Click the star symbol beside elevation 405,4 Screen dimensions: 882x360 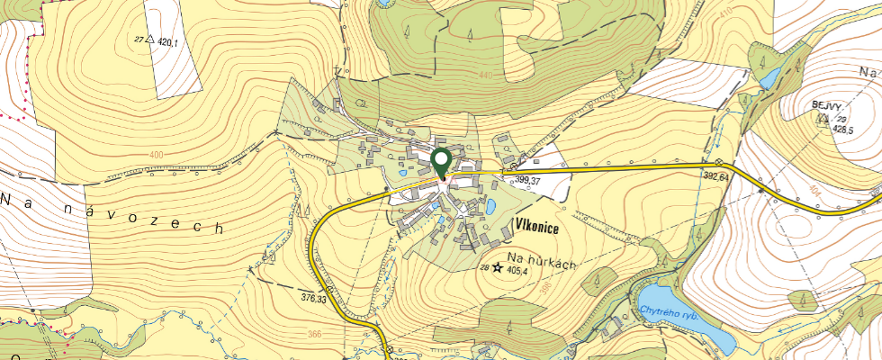click(497, 268)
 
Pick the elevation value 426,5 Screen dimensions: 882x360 click(843, 130)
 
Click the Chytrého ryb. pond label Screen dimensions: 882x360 click(669, 312)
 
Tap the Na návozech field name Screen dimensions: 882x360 click(112, 211)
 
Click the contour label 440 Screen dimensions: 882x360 click(487, 75)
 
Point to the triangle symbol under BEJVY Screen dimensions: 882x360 click(822, 118)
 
